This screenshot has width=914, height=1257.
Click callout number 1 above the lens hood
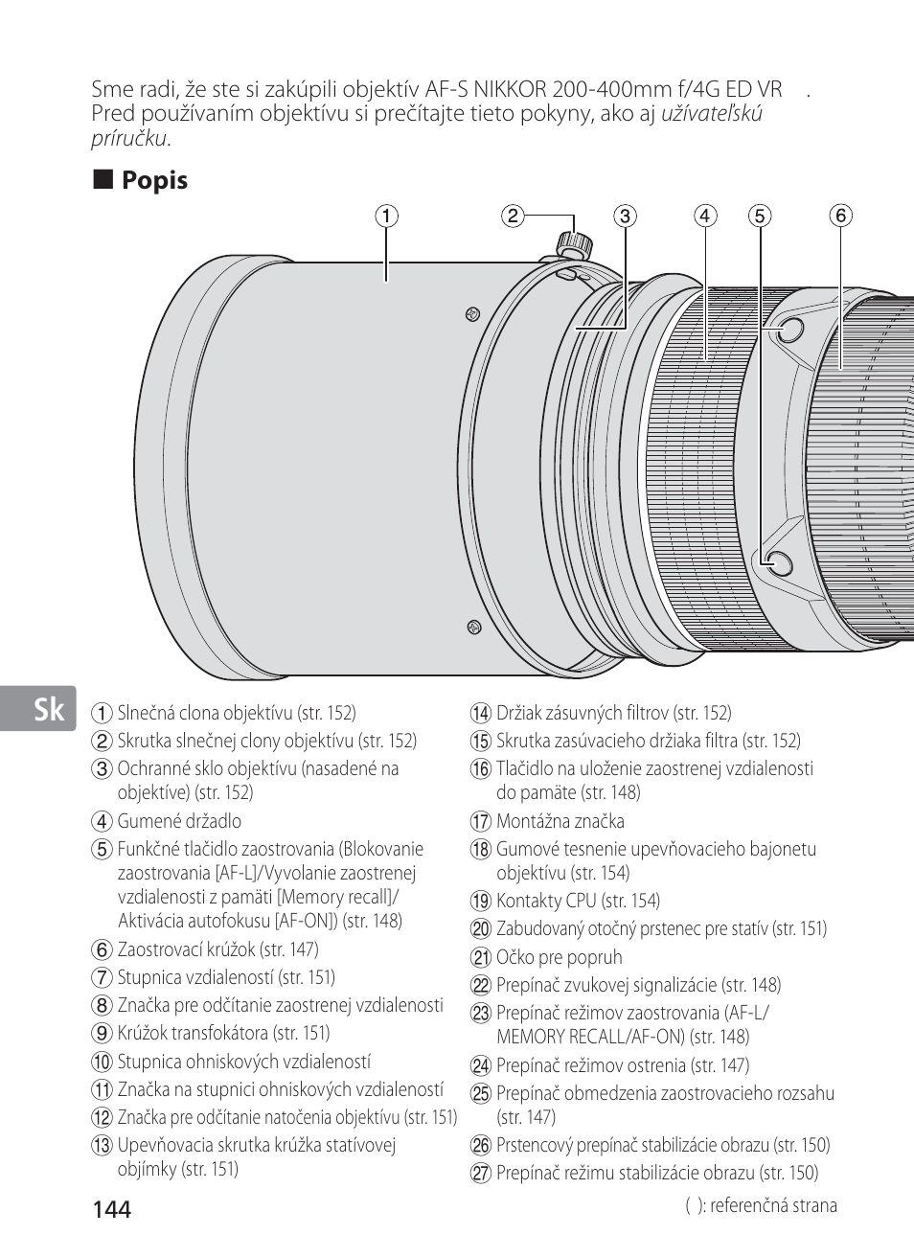[x=387, y=217]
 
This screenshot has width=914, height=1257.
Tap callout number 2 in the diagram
[x=513, y=217]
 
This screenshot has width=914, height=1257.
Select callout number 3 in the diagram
[x=625, y=217]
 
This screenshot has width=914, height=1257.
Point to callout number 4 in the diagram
[x=705, y=217]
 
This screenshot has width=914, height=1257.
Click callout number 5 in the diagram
[x=760, y=217]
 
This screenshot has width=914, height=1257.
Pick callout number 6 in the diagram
[x=840, y=217]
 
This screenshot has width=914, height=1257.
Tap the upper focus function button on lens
[x=791, y=331]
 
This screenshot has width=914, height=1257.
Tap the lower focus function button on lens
[x=779, y=562]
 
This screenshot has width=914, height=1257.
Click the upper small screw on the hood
[x=473, y=314]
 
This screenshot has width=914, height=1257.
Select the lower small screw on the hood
[x=474, y=627]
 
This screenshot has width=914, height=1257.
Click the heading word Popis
[x=154, y=181]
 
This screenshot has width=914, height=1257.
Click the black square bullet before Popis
[x=103, y=179]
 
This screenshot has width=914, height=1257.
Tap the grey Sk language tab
[x=37, y=708]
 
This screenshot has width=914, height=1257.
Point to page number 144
[x=112, y=1210]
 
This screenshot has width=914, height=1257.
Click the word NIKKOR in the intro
[x=510, y=89]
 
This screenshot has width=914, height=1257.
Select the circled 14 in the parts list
[x=480, y=714]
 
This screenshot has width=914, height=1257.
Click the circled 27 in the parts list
[x=480, y=1174]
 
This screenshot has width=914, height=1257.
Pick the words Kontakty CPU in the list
[x=546, y=901]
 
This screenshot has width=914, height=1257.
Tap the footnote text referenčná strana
[x=774, y=1205]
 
